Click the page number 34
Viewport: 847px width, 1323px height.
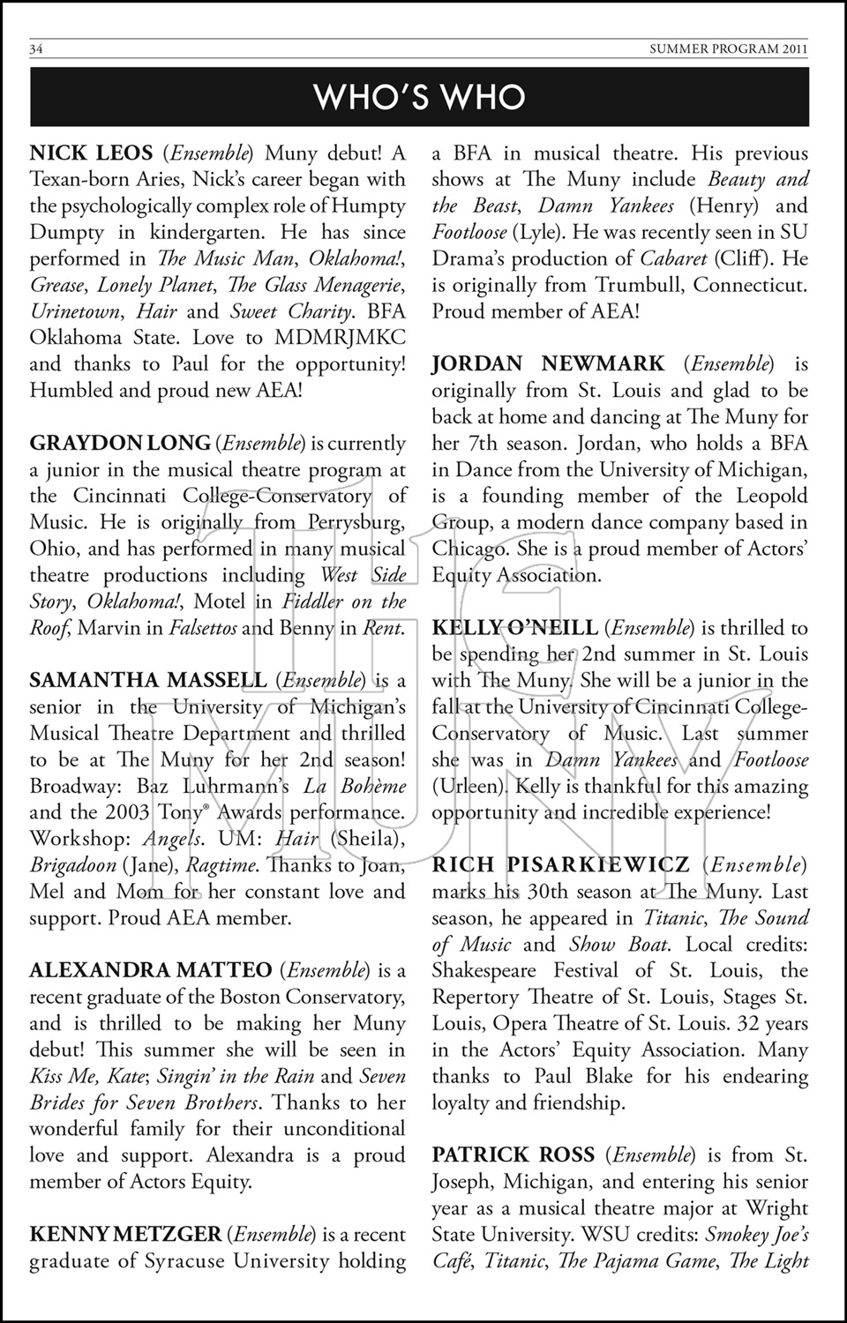point(36,49)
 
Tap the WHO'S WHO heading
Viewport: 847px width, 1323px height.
point(420,97)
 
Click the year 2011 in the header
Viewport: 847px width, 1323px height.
point(793,49)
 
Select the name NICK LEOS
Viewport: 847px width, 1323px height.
point(91,153)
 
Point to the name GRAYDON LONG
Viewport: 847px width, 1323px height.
point(120,444)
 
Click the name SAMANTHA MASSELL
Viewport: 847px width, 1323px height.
point(147,681)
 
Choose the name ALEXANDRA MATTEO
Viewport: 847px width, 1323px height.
point(151,971)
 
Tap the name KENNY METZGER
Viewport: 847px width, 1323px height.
point(125,1235)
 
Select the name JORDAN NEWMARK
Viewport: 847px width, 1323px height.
point(548,364)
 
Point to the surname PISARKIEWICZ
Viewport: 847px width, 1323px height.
point(599,865)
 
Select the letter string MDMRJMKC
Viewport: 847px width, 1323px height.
point(341,338)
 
